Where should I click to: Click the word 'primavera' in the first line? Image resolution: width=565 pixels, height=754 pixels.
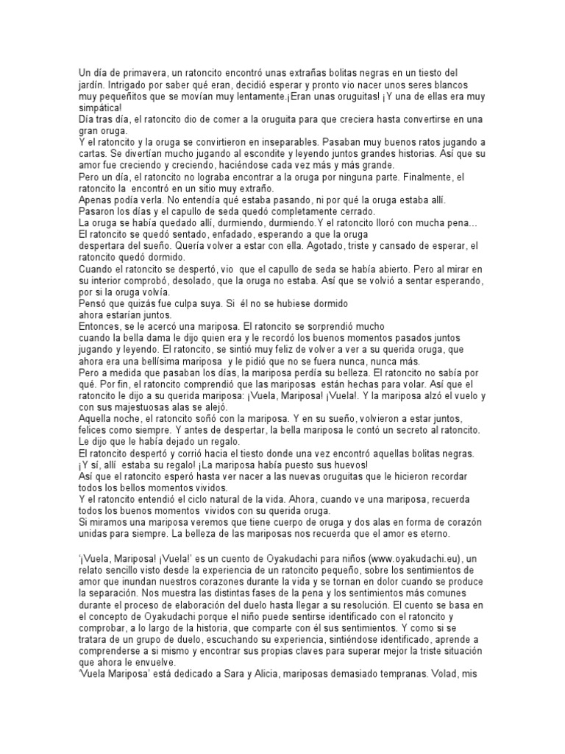tap(134, 72)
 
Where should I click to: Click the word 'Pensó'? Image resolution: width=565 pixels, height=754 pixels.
tap(93, 303)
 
